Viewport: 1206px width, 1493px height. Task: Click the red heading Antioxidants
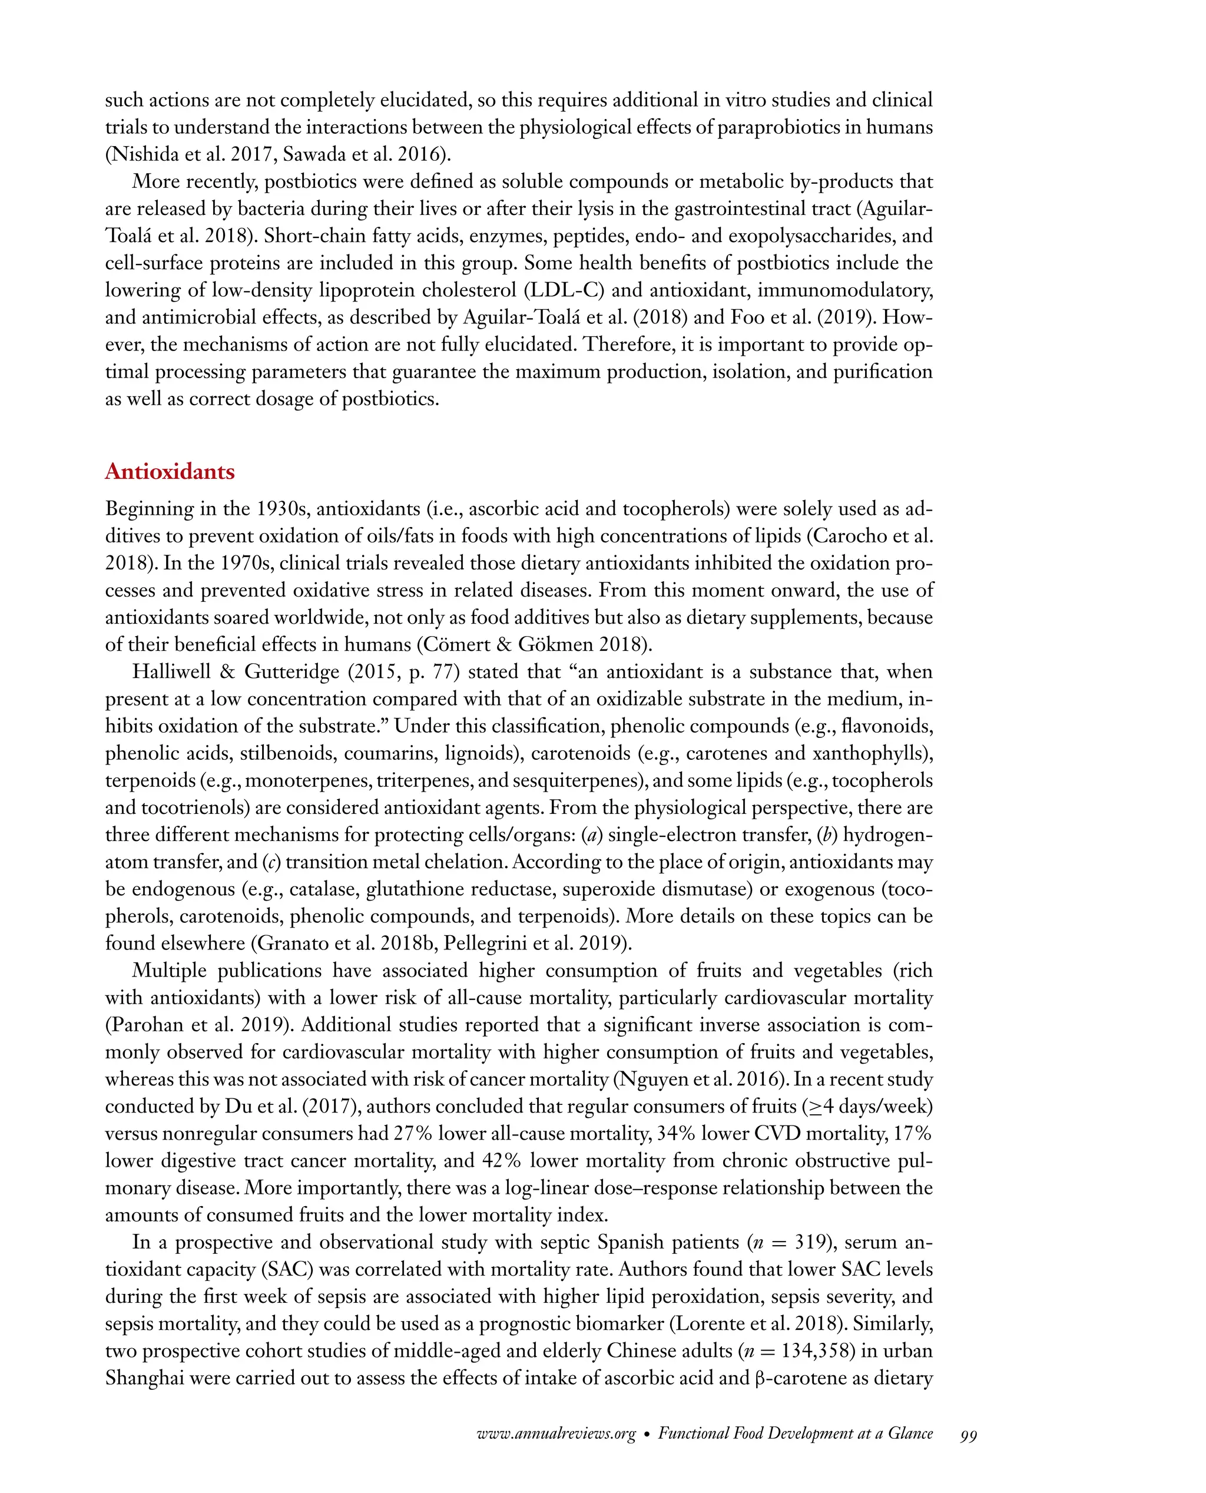(x=170, y=472)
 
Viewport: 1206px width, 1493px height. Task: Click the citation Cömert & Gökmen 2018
(x=534, y=645)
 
